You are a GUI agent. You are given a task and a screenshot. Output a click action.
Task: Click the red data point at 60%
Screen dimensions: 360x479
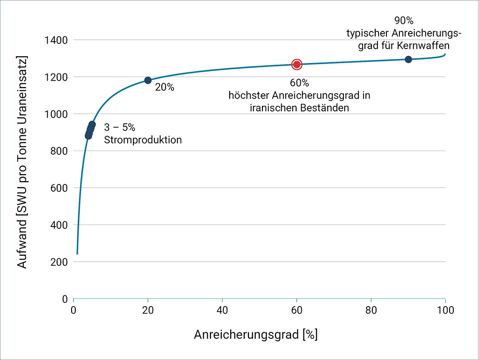[297, 64]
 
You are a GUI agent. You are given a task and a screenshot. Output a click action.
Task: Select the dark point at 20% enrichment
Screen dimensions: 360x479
[148, 81]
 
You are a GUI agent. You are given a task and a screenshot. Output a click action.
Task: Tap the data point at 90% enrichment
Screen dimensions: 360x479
[408, 59]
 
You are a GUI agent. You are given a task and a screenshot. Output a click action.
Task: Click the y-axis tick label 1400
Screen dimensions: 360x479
[56, 40]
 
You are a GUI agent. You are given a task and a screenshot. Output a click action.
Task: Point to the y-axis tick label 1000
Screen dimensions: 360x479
[56, 114]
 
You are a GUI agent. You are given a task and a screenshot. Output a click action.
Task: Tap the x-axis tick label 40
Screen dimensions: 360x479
[222, 310]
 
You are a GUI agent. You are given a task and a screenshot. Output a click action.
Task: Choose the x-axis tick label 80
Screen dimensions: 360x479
[371, 310]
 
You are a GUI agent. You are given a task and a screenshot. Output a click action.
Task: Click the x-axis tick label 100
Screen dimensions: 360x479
[445, 310]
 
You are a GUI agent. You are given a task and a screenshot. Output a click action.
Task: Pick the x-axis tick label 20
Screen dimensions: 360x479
[148, 310]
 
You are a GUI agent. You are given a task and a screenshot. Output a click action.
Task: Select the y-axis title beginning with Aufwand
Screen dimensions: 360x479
[22, 162]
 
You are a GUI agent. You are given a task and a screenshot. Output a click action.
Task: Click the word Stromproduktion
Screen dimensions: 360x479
[143, 140]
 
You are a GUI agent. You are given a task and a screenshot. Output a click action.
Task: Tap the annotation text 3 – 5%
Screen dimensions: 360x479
[120, 127]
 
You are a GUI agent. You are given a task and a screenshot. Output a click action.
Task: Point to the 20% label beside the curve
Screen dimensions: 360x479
[164, 87]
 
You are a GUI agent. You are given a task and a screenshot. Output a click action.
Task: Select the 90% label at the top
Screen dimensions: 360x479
[404, 21]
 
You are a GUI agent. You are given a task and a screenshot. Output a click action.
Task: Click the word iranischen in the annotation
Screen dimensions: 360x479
[272, 108]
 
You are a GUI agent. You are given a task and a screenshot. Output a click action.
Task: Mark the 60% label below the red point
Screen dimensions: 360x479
[299, 83]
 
